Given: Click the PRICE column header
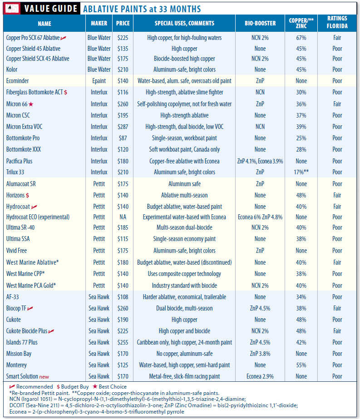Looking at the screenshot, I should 123,23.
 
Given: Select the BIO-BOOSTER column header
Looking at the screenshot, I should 260,23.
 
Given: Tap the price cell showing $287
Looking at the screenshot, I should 123,127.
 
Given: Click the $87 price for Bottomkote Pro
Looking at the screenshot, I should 123,138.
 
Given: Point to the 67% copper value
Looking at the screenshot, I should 301,38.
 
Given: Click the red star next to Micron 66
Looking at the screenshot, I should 32,104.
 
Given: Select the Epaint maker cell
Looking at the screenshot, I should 99,81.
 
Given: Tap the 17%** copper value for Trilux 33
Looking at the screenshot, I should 301,173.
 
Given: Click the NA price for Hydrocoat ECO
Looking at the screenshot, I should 123,217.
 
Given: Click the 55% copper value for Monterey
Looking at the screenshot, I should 301,365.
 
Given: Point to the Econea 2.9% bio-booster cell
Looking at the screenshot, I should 260,376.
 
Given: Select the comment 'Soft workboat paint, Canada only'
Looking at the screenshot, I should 184,149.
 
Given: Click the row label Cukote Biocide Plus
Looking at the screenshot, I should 27,331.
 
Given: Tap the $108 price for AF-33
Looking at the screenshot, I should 123,297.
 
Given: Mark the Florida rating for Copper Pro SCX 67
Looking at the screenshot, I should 337,38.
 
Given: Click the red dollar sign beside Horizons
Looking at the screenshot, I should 28,195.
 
